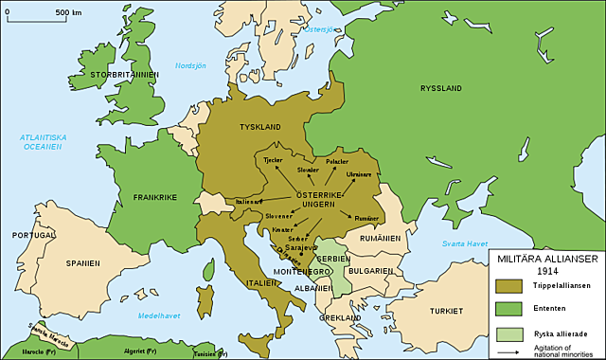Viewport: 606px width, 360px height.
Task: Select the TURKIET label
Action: tap(443, 310)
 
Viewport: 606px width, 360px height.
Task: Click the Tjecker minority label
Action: tap(273, 160)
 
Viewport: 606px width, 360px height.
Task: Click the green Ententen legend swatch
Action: tap(511, 308)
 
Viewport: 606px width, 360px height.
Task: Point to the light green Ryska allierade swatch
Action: tap(511, 333)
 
